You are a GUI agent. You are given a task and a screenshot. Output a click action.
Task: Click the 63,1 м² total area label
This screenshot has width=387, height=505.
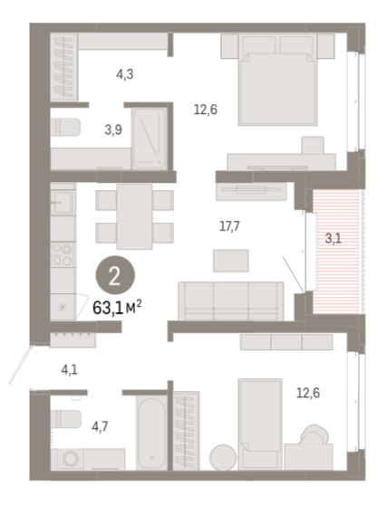click(x=117, y=308)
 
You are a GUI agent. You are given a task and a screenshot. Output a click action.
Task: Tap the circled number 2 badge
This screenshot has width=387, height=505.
click(x=115, y=275)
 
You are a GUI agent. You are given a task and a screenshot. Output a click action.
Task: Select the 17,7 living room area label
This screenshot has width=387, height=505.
click(x=229, y=226)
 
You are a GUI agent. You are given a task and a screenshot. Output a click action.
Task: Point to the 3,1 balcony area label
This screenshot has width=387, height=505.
click(x=334, y=239)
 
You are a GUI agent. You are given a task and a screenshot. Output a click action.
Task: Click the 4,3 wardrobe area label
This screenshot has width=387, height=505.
click(x=125, y=74)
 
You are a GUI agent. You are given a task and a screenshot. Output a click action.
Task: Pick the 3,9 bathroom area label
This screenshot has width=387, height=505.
click(x=113, y=129)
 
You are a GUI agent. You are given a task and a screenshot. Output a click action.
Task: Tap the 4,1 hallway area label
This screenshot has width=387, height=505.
click(x=70, y=370)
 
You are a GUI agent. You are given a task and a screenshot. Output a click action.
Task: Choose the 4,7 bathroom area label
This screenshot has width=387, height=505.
click(x=100, y=427)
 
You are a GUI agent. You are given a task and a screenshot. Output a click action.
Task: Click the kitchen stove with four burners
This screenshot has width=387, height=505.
click(x=63, y=254)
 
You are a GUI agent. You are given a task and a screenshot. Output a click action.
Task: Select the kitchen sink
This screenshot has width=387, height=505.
click(x=63, y=202)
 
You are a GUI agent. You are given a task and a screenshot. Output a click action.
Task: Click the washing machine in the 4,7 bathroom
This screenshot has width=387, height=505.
click(x=70, y=458)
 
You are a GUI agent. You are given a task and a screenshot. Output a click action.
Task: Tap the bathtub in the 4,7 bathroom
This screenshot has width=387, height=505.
click(x=151, y=433)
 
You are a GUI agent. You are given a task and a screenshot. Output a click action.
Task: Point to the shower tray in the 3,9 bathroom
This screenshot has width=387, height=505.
click(x=150, y=138)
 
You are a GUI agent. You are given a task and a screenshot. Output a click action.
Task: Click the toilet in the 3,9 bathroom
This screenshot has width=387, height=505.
click(x=65, y=127)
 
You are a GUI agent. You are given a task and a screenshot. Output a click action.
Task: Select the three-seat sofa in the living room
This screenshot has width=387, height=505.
click(x=231, y=301)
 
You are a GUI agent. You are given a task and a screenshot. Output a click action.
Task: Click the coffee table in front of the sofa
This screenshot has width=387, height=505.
click(x=230, y=261)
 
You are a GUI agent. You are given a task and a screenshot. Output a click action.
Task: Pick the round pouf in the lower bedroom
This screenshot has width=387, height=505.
click(x=223, y=457)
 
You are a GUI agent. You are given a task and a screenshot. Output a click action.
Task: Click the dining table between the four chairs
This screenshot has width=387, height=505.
click(x=134, y=216)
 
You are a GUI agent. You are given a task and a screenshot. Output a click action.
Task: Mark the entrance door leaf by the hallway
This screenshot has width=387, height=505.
click(x=20, y=365)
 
